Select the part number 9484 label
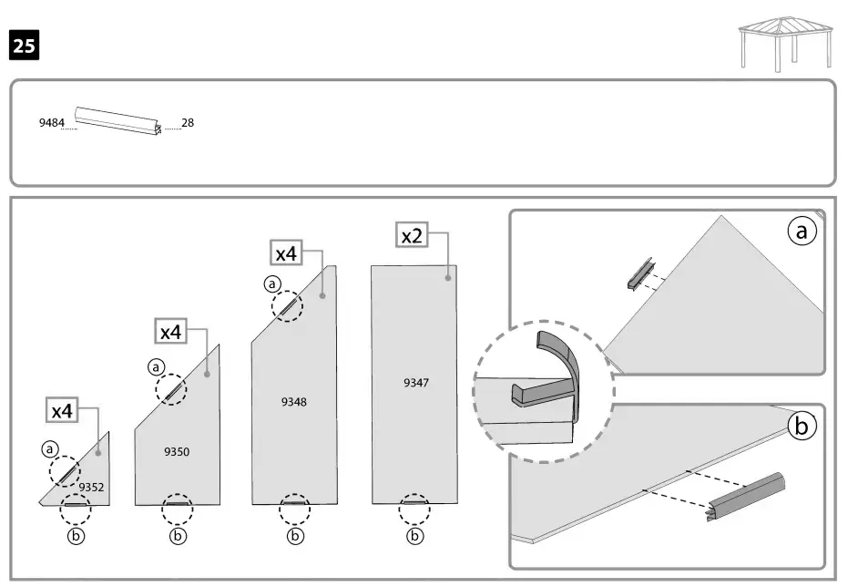51,122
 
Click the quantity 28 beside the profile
188,122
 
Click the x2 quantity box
413,235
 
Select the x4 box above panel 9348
287,253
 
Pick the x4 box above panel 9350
170,332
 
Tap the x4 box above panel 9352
61,411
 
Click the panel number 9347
416,383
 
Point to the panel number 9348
294,401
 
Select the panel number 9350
177,451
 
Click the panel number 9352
91,488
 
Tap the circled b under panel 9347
415,536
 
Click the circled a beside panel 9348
271,283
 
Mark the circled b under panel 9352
77,536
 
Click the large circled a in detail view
802,232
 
